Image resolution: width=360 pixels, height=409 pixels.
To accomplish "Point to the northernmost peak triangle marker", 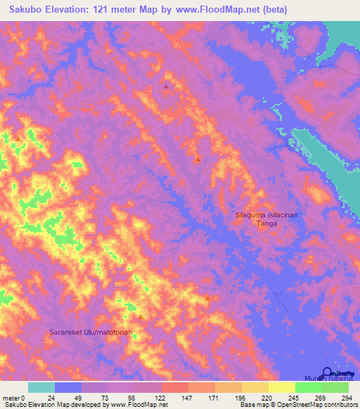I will (x=166, y=86).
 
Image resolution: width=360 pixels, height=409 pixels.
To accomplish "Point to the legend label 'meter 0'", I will (x=14, y=397).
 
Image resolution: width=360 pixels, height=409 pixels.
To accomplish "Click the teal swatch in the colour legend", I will (x=41, y=387).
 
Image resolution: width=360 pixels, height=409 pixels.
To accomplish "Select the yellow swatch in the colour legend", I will (x=281, y=387).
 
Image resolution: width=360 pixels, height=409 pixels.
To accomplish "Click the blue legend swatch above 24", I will (x=68, y=387).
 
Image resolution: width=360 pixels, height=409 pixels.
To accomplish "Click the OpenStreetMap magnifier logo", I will (x=328, y=373).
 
